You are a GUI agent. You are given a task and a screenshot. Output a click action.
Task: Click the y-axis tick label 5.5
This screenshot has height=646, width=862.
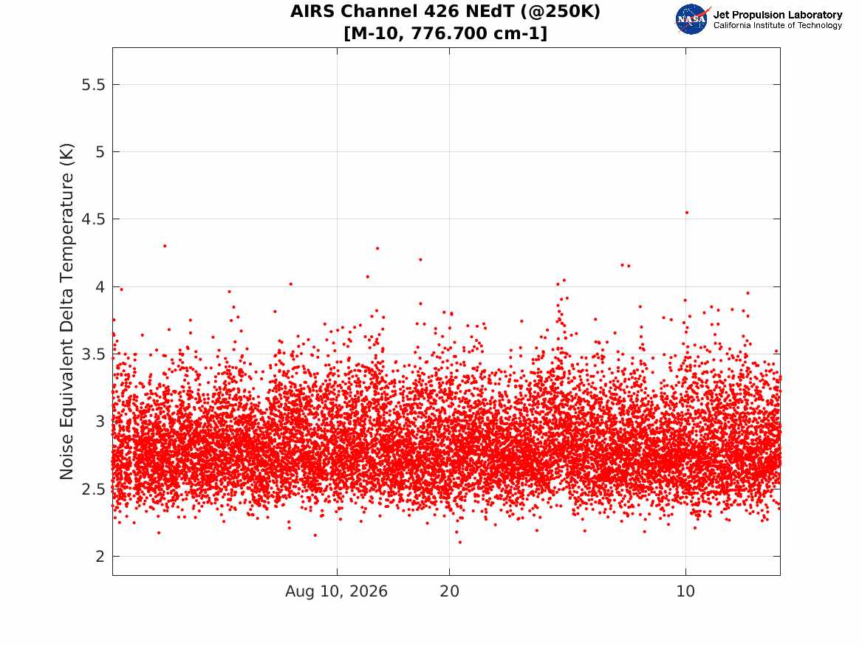[93, 85]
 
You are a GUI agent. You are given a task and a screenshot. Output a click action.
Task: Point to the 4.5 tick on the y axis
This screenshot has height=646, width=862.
[93, 219]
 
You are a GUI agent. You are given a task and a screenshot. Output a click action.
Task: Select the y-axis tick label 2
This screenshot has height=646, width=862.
[100, 557]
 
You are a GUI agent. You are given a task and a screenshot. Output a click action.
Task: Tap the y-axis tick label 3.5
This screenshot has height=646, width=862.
[93, 354]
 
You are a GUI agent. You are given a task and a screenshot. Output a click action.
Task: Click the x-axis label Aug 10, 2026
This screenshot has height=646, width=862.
[336, 591]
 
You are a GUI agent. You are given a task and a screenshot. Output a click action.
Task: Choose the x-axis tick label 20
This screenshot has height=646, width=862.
[450, 591]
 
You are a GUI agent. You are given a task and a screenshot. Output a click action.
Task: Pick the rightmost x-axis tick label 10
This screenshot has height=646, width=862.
[685, 591]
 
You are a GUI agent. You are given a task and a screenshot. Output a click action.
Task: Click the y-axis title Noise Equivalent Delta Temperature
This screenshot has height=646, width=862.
[66, 312]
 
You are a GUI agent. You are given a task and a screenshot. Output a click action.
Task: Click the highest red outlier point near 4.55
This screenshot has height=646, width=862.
[687, 213]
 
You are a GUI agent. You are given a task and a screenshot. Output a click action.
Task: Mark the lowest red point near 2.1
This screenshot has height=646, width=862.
[460, 542]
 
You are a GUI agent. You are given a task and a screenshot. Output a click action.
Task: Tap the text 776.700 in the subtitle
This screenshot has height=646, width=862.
[446, 33]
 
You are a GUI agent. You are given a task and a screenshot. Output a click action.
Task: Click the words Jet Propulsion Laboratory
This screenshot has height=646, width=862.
[778, 15]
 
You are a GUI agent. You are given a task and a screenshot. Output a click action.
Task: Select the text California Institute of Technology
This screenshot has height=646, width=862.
[778, 25]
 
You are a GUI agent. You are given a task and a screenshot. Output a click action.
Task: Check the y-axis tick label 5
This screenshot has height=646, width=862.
[100, 152]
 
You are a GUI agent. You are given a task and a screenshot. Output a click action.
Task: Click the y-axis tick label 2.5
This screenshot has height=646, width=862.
[93, 489]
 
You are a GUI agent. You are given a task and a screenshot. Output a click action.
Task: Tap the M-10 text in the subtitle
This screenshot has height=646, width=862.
[377, 33]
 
